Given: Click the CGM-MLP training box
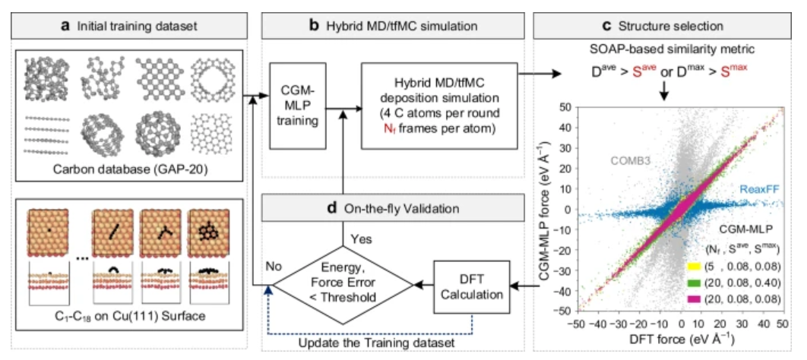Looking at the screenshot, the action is [298, 106].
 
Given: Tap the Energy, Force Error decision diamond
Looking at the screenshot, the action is [343, 283].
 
